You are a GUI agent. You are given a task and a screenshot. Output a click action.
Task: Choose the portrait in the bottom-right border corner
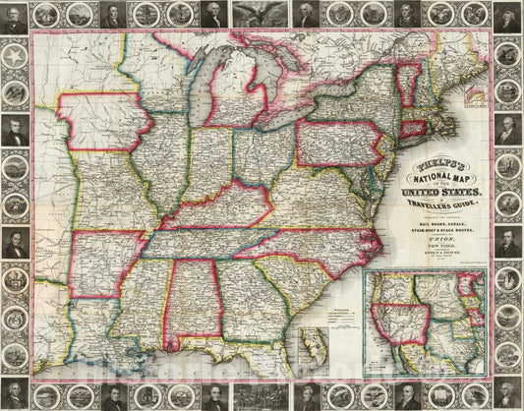point(508,397)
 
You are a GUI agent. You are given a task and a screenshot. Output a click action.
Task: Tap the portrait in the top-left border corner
point(14,16)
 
